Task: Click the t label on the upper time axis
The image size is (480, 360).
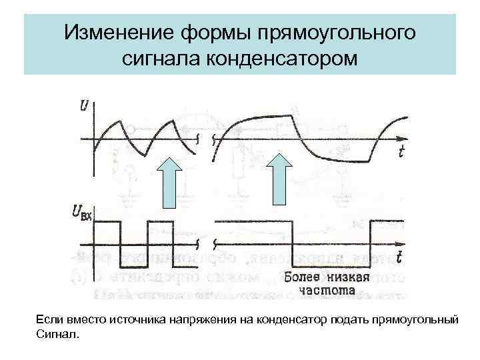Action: (401, 152)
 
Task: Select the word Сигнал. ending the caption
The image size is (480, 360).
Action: (57, 334)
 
